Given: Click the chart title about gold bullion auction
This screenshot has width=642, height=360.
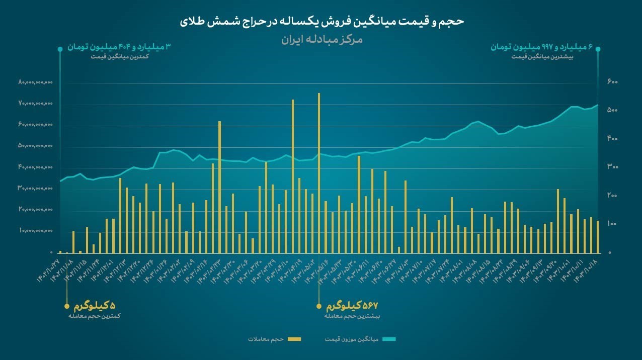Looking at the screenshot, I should coord(322,22).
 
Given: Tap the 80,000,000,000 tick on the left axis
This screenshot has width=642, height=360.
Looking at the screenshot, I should coord(35,82).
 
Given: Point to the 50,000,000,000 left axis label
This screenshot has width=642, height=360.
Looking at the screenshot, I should coord(35,146).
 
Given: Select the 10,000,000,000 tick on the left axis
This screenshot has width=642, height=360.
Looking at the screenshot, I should coord(35,231).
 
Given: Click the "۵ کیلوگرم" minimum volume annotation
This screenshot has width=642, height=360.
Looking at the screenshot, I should coord(95,306).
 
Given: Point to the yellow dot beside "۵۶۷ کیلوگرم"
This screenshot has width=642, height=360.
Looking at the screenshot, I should coord(318,306).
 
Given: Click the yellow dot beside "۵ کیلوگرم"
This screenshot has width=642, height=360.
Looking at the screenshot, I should coord(66,306).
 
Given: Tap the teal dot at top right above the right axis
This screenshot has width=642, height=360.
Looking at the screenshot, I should coord(598,49).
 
